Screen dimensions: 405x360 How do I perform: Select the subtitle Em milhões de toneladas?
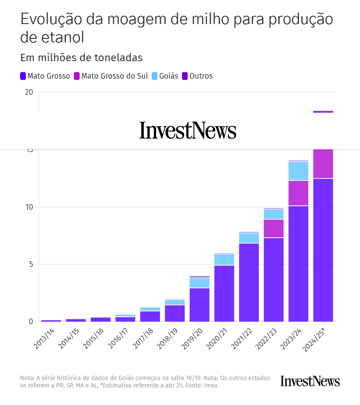(x=81, y=58)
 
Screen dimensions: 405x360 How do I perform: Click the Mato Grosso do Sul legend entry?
(x=111, y=76)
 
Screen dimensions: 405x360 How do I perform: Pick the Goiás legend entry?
(x=165, y=76)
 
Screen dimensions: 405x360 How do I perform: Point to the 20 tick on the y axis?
(x=29, y=92)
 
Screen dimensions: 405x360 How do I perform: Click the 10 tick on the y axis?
(x=29, y=207)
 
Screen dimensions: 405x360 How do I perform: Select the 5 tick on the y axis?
(x=31, y=264)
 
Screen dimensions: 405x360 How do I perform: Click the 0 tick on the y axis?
(x=31, y=322)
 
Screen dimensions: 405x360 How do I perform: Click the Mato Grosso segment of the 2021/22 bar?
(x=249, y=282)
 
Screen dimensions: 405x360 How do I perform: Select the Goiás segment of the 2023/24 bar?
(x=298, y=171)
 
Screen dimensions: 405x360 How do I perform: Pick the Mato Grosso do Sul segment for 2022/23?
(x=273, y=228)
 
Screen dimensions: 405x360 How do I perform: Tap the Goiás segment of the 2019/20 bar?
(x=199, y=283)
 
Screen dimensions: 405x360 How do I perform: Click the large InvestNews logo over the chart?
(x=188, y=130)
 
